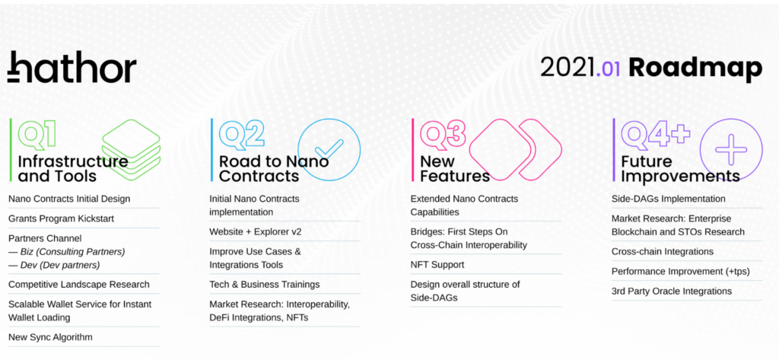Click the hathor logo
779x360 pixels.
click(72, 67)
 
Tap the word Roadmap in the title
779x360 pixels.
click(695, 68)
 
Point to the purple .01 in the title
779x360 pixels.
click(607, 69)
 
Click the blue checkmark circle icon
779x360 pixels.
click(329, 149)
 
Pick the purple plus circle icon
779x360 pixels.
click(731, 149)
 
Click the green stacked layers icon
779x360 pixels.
click(131, 149)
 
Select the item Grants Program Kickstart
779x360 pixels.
click(61, 218)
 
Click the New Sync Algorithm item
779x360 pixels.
click(50, 337)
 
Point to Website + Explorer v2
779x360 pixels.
click(256, 231)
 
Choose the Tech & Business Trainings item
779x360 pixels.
click(264, 285)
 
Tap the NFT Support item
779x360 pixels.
click(437, 265)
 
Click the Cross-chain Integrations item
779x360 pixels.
click(663, 252)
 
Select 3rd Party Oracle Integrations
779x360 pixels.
click(672, 291)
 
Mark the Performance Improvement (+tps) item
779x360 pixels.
click(681, 272)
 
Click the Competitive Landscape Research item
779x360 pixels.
click(79, 285)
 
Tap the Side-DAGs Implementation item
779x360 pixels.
click(668, 199)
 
